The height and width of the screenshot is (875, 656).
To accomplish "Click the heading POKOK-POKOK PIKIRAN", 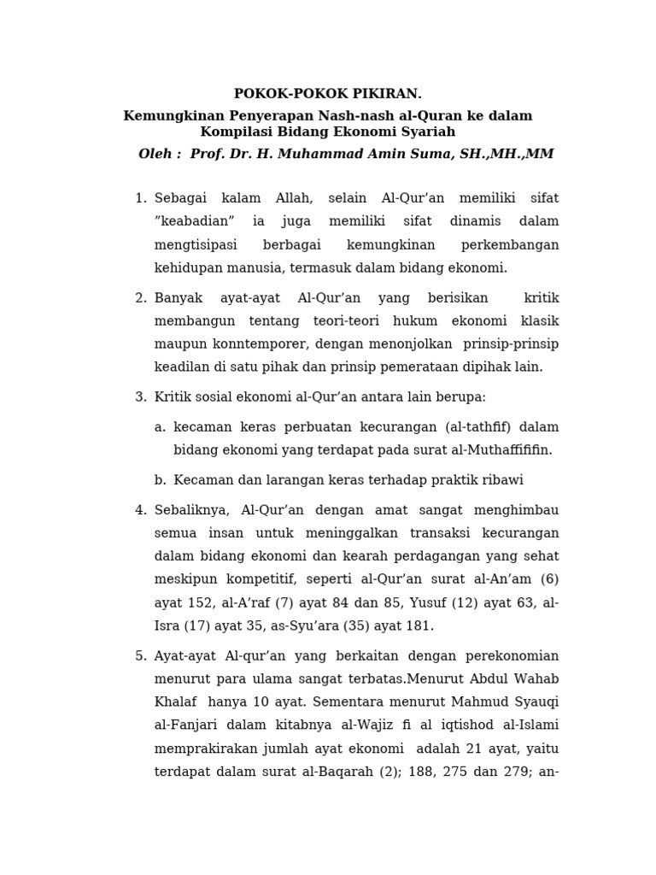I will click(327, 94).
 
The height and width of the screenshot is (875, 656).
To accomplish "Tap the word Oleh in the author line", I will click(160, 154).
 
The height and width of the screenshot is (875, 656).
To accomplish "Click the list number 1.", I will click(140, 198).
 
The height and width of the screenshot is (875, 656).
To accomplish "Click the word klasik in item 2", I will click(540, 320).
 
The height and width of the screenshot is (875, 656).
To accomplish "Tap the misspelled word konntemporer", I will click(242, 344).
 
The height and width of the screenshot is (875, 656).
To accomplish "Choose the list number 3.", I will click(140, 397).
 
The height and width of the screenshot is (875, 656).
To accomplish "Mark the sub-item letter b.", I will click(159, 480).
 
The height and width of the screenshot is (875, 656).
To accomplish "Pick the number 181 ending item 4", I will click(419, 625).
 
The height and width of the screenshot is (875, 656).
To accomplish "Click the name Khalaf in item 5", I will click(175, 702).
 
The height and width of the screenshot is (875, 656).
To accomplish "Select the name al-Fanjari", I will click(185, 725).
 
